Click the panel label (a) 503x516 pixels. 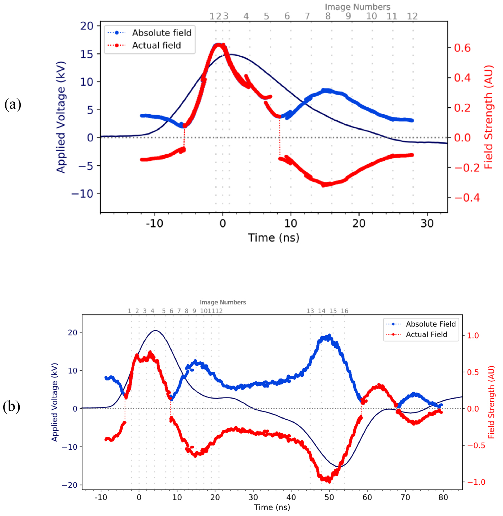pos(13,105)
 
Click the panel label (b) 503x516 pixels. pos(11,406)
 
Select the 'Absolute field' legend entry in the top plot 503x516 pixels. pos(162,33)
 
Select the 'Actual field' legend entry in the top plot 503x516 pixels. pos(156,45)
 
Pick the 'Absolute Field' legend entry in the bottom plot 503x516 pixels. pos(430,324)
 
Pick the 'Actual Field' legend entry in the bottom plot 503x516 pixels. pos(426,334)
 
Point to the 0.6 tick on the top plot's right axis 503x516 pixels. pos(462,48)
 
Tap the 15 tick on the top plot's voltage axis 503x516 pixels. pos(86,54)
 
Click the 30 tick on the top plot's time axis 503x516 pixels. pos(427,224)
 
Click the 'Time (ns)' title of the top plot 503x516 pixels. pos(274,238)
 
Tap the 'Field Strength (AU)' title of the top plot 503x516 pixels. pos(489,117)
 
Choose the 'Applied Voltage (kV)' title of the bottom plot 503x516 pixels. pos(54,402)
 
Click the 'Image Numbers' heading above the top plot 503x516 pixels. pos(357,7)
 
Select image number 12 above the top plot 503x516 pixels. pos(412,16)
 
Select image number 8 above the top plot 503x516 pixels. pos(328,16)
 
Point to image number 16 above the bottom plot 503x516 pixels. pos(344,311)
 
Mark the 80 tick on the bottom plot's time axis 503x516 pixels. pos(443,497)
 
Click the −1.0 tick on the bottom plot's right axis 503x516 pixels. pos(476,482)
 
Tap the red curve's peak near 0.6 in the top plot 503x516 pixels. pos(219,45)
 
